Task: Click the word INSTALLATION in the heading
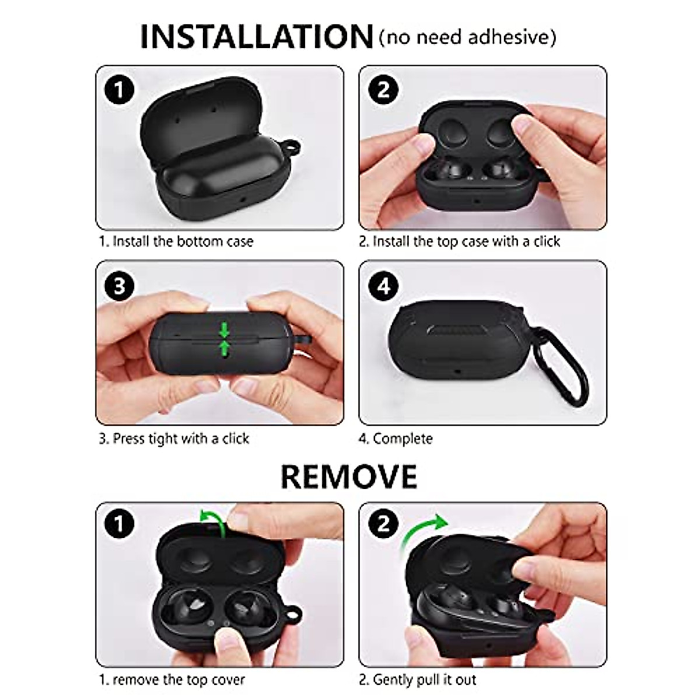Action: (256, 36)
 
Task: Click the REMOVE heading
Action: (349, 477)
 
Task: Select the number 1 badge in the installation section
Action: (119, 90)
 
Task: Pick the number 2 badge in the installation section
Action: (383, 90)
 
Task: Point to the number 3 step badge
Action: (119, 286)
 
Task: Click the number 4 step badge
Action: (383, 286)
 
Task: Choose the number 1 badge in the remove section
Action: (119, 523)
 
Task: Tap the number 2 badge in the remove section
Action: (383, 523)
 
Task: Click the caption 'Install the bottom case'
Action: (176, 242)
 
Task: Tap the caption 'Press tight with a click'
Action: (174, 439)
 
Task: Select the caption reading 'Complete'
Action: (396, 439)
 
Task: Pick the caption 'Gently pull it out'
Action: (418, 680)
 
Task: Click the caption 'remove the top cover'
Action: (171, 680)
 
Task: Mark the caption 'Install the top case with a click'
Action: (459, 242)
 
